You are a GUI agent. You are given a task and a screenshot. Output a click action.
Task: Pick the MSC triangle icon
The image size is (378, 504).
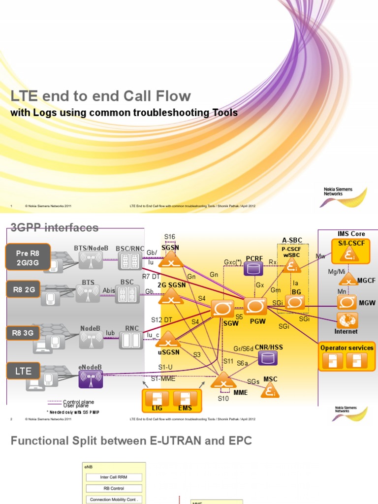pos(270,390)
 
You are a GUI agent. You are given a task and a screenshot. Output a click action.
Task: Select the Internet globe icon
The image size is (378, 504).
pos(346,320)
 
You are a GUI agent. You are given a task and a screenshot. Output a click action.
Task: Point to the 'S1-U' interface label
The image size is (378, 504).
pos(165,367)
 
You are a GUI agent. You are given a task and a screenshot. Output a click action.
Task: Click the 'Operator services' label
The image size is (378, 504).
pos(346,347)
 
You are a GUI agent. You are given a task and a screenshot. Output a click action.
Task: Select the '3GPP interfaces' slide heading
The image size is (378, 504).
pos(55,227)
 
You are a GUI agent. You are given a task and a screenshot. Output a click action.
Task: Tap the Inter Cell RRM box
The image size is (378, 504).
pos(114,477)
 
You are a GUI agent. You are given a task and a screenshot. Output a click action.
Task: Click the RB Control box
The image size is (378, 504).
pos(114,488)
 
